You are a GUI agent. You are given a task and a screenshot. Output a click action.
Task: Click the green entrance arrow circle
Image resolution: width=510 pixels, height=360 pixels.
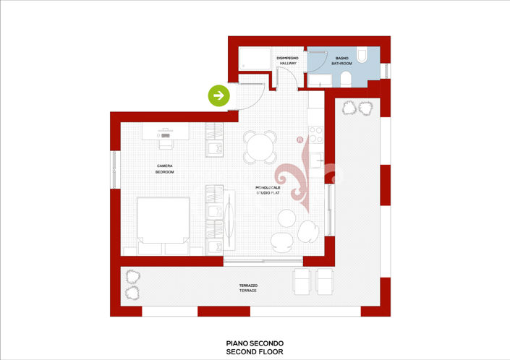click(x=219, y=95)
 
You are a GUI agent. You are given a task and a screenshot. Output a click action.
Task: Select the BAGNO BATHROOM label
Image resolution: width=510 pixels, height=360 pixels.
click(x=341, y=61)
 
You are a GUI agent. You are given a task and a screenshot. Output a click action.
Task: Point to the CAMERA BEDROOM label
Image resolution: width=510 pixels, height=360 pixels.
click(x=164, y=169)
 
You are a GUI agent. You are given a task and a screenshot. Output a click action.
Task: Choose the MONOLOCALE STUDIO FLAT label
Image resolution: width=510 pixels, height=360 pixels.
click(x=268, y=190)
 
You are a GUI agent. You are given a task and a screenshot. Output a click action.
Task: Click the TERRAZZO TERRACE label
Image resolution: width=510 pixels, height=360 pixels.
click(x=248, y=288)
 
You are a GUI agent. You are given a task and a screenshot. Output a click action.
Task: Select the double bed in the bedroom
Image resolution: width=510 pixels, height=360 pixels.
click(x=164, y=226)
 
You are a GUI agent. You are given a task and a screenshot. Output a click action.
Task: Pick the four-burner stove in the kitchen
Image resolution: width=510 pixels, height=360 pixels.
click(x=316, y=134)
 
